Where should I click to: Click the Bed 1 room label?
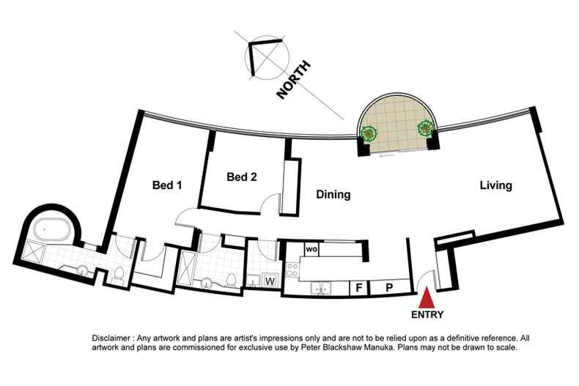coord(167,185)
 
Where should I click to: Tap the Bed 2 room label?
coord(242,177)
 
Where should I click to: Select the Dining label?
coord(333,195)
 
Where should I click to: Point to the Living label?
coord(496,185)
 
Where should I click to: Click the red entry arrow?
coord(427,297)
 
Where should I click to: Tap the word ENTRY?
coord(427,315)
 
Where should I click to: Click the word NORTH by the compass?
coord(294,80)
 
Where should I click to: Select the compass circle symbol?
coord(267,57)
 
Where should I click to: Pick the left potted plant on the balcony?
coord(368,133)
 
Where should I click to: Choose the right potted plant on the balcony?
coord(425,128)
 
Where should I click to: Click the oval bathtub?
coord(53,229)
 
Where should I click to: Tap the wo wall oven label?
coord(311,250)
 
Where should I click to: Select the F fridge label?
coord(358,287)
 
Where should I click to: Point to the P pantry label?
coord(389,287)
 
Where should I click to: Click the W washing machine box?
coord(270,281)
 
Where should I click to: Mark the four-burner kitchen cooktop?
coord(292,270)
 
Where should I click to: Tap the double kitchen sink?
coord(320,288)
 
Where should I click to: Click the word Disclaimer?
coord(111,338)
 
